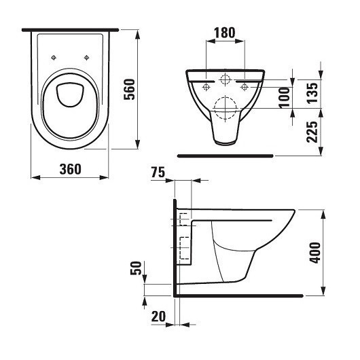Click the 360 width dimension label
(x=70, y=168)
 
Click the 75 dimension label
(x=158, y=174)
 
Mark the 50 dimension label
(x=136, y=268)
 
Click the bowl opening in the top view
(x=70, y=95)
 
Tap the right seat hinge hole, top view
(x=86, y=57)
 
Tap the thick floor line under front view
(x=224, y=156)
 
